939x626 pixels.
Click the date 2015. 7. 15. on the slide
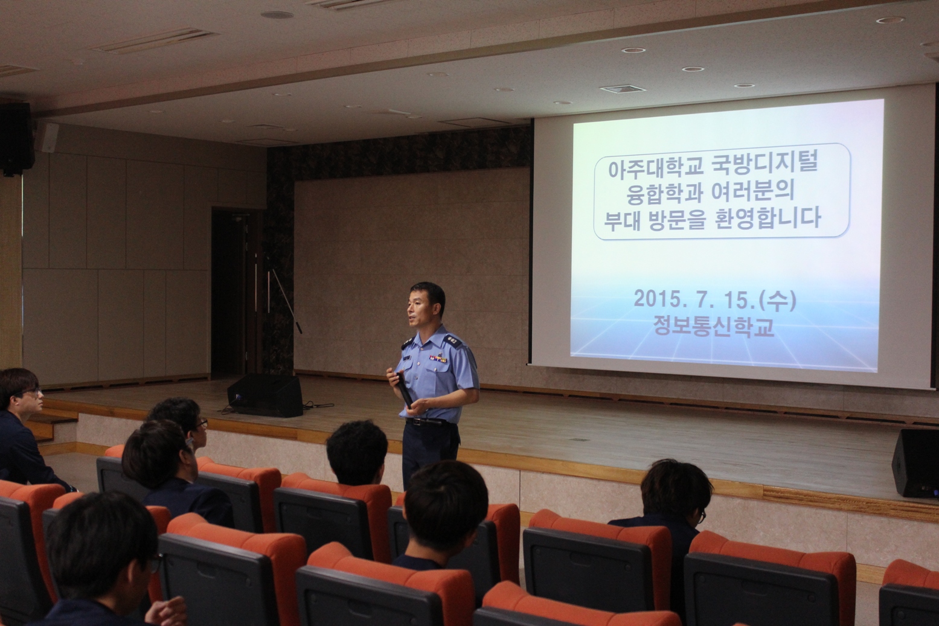tap(697, 301)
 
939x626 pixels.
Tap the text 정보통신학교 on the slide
tap(714, 327)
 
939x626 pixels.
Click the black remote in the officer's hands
tap(404, 390)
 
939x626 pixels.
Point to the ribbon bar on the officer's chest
tap(438, 359)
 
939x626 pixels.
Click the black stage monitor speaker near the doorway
tap(265, 395)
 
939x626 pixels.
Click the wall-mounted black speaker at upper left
tap(17, 139)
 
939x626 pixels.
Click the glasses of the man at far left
tap(32, 392)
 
